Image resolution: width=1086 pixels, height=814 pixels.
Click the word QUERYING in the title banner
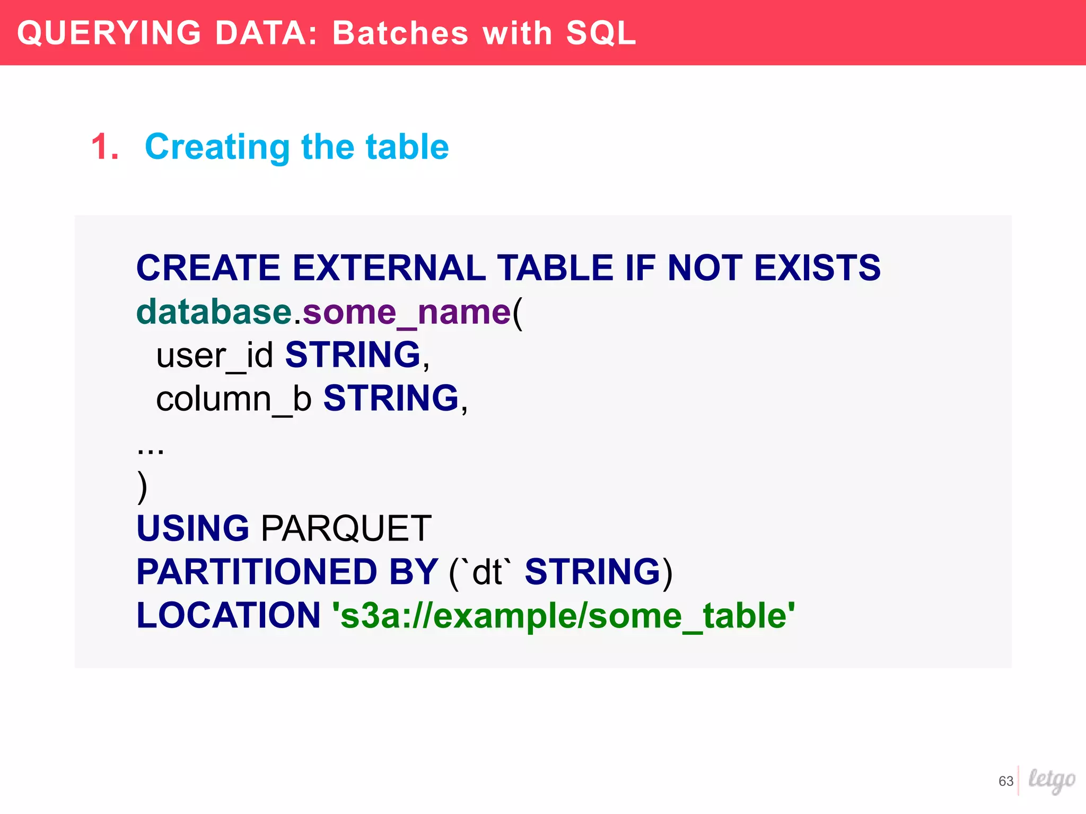coord(109,33)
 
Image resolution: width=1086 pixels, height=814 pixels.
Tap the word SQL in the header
coord(601,33)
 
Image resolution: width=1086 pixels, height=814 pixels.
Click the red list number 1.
coord(104,147)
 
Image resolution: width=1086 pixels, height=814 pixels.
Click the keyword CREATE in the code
coord(208,268)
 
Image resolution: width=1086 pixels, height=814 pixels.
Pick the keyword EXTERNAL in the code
coord(389,268)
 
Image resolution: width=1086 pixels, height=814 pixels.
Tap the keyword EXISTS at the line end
coord(817,268)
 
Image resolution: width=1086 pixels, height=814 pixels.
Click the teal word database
coord(214,312)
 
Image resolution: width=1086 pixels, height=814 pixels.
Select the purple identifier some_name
coord(406,312)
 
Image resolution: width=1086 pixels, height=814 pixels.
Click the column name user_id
coord(215,355)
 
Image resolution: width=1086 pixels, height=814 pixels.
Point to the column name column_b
coord(234,399)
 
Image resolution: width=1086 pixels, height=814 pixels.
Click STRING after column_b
coord(391,399)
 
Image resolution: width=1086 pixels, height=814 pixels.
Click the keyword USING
coord(192,528)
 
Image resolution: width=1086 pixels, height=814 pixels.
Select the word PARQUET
coord(346,528)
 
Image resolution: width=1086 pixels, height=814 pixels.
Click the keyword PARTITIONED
coord(257,572)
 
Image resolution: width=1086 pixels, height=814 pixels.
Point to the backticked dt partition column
coord(487,572)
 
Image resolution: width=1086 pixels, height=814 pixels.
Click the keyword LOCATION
coord(229,615)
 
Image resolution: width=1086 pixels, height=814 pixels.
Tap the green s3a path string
coord(563,615)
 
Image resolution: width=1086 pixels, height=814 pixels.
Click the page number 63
coord(1005,781)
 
